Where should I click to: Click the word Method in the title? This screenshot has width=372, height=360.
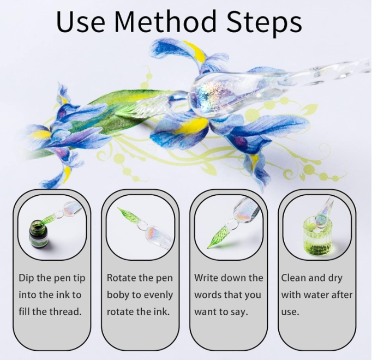(165, 21)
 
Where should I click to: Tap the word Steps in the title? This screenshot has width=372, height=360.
(264, 23)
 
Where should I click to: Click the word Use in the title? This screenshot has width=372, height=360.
(81, 21)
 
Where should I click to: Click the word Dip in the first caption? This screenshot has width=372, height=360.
(26, 278)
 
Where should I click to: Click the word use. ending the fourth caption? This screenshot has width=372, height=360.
(290, 312)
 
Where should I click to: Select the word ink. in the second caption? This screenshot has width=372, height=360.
(162, 311)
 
